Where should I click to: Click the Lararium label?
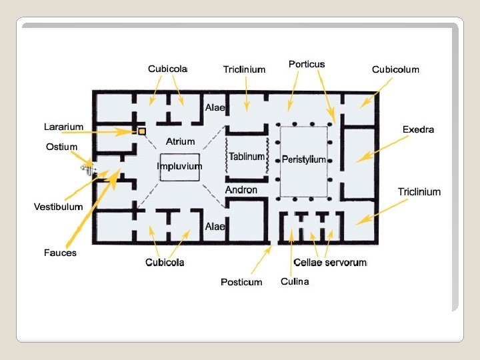64,127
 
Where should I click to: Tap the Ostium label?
62,147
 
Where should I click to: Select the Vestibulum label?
59,207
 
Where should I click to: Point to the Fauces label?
60,253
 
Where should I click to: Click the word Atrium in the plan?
180,141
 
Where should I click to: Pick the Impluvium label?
179,166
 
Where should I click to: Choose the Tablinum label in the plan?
247,157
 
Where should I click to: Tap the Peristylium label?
304,159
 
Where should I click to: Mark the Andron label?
241,190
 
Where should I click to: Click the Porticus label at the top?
307,65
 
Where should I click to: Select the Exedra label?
418,129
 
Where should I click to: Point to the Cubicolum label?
395,69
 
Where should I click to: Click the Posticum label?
241,282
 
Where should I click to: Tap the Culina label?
295,281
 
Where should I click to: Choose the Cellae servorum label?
330,263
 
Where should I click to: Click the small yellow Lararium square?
142,131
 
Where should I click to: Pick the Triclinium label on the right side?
419,192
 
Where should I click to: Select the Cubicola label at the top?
167,69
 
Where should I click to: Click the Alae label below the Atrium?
215,227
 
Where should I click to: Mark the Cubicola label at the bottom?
165,263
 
